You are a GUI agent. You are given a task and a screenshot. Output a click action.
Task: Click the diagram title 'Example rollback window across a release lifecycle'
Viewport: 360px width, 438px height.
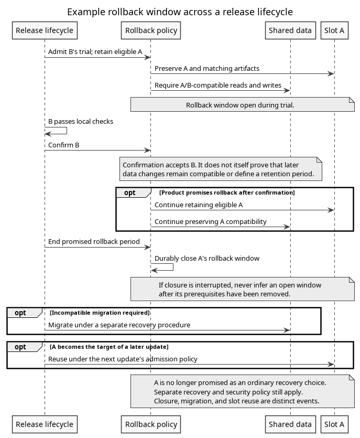[180, 12]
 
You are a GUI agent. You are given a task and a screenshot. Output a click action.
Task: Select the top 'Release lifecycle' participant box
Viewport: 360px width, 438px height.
[45, 30]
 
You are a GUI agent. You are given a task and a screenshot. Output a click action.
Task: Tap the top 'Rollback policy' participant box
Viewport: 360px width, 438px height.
[151, 30]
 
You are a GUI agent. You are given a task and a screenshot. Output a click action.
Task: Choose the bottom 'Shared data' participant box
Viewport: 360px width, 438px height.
[290, 424]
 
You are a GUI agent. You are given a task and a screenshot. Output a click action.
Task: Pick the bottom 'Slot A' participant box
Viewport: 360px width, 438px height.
[334, 424]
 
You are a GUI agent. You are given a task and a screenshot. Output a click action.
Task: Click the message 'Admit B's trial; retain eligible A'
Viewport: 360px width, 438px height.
[95, 52]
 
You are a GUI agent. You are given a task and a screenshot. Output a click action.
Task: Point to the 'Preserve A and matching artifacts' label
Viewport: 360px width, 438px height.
[207, 68]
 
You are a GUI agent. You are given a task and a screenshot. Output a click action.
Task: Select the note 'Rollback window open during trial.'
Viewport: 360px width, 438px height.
[243, 104]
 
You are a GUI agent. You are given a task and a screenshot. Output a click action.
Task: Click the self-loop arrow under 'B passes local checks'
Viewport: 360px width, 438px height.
[67, 131]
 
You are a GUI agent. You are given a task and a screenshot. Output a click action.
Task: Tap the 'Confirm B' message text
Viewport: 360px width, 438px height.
[63, 145]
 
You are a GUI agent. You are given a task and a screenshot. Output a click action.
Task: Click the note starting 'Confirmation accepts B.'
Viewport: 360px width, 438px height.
[221, 169]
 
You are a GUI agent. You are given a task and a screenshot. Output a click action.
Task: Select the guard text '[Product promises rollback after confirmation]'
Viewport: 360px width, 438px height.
[227, 193]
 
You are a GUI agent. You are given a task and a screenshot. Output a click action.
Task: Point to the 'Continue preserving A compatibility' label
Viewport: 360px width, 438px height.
[211, 221]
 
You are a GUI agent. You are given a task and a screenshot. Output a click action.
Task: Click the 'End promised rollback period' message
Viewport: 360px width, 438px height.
[94, 242]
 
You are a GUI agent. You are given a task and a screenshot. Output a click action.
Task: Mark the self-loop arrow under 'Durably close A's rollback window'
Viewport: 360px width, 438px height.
[173, 267]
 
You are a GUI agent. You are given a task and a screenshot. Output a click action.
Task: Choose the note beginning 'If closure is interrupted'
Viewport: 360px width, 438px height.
[243, 289]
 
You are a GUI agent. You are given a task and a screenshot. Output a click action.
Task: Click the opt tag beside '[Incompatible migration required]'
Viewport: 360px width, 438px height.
[20, 313]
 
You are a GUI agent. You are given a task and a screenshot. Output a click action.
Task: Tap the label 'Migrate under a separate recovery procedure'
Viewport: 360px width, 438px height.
[119, 325]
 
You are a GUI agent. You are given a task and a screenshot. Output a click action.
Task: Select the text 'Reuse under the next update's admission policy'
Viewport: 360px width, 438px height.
[123, 359]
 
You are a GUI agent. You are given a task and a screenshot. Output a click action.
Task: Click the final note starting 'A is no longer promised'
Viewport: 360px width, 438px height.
[243, 391]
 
